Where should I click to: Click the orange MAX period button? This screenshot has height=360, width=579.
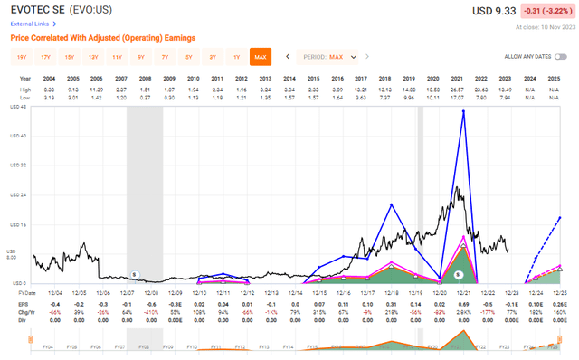[x=261, y=57]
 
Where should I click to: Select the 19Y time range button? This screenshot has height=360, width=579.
[x=22, y=57]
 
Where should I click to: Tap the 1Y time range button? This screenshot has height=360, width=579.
[x=236, y=57]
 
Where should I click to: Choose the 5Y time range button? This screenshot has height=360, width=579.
[x=188, y=57]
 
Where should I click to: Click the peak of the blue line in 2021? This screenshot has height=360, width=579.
[x=464, y=112]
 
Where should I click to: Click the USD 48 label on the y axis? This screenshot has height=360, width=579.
[x=17, y=108]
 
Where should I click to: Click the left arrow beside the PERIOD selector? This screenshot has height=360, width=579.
[x=288, y=57]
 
